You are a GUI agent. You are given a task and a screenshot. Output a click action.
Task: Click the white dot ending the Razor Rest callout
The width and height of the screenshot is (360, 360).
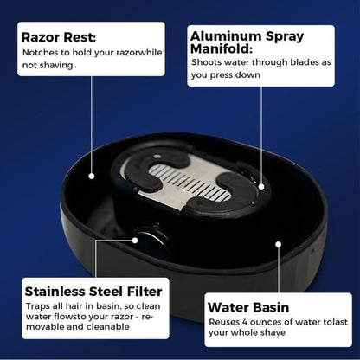[x=91, y=175]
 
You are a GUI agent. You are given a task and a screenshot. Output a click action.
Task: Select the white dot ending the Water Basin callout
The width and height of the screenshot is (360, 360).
[x=277, y=243]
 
